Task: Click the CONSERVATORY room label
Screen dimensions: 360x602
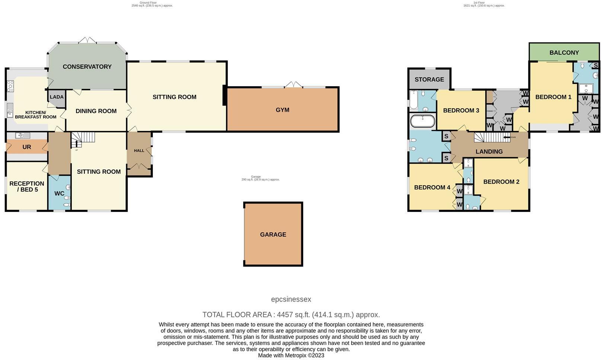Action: click(87, 67)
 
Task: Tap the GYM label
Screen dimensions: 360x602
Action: click(282, 110)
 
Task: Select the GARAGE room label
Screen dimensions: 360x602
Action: click(273, 235)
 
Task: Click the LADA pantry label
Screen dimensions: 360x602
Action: click(57, 97)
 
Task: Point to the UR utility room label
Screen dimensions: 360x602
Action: click(26, 147)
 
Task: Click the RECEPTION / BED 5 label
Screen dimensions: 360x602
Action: click(27, 187)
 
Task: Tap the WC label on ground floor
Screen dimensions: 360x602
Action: click(59, 194)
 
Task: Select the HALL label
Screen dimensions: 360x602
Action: click(139, 151)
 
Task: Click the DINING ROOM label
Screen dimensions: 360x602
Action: click(96, 111)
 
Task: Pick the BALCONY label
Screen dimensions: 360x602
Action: click(564, 53)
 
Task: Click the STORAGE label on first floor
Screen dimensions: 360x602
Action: click(429, 80)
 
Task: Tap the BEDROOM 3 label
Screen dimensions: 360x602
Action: click(461, 110)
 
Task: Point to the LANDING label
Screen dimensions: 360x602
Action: click(489, 152)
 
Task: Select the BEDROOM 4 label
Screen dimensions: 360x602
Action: click(432, 187)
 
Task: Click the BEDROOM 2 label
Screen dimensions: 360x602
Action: click(501, 182)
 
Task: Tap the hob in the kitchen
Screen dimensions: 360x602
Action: click(10, 86)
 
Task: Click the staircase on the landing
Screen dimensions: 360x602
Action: click(488, 138)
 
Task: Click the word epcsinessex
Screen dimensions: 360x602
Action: click(291, 299)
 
